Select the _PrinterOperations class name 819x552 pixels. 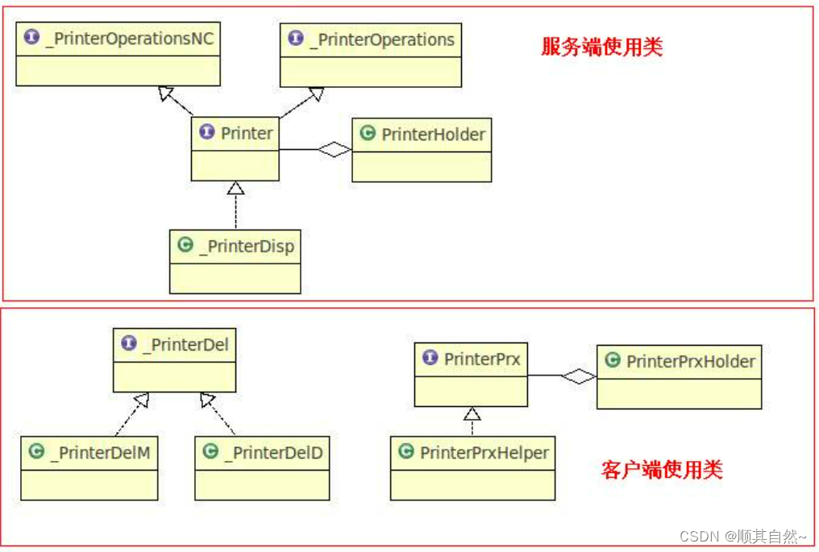(385, 39)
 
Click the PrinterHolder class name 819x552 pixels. (433, 135)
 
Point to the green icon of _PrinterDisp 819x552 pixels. (185, 245)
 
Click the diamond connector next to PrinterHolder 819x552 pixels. (335, 149)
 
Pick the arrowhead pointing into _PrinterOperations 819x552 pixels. (316, 95)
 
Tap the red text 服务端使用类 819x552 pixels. (601, 47)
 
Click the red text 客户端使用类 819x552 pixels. (662, 469)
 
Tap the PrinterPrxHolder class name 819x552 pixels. (690, 361)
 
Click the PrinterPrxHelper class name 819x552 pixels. (484, 453)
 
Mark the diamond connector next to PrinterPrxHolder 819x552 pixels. (579, 376)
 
